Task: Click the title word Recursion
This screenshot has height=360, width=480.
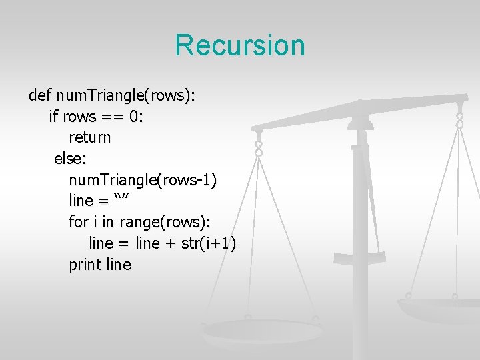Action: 240,45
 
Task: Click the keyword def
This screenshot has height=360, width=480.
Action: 39,95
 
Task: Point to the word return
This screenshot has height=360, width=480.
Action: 90,138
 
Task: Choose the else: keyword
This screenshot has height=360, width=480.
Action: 70,159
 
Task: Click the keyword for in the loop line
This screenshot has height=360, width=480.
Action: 77,222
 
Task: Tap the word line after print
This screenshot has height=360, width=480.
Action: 119,265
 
